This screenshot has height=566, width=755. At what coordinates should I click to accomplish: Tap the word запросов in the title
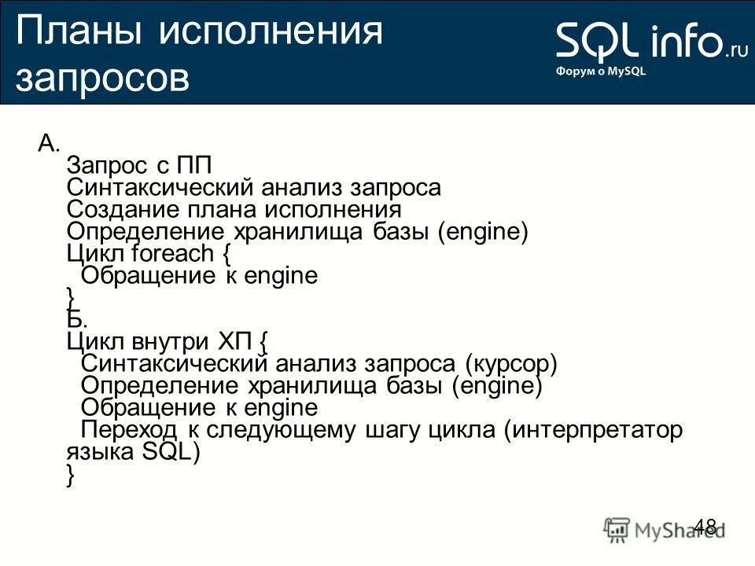pyautogui.click(x=102, y=79)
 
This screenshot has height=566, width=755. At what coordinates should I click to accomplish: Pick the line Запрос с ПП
pyautogui.click(x=140, y=166)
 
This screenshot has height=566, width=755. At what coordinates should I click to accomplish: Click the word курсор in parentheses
pyautogui.click(x=510, y=364)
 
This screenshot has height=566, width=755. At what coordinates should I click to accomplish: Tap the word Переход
pyautogui.click(x=130, y=430)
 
